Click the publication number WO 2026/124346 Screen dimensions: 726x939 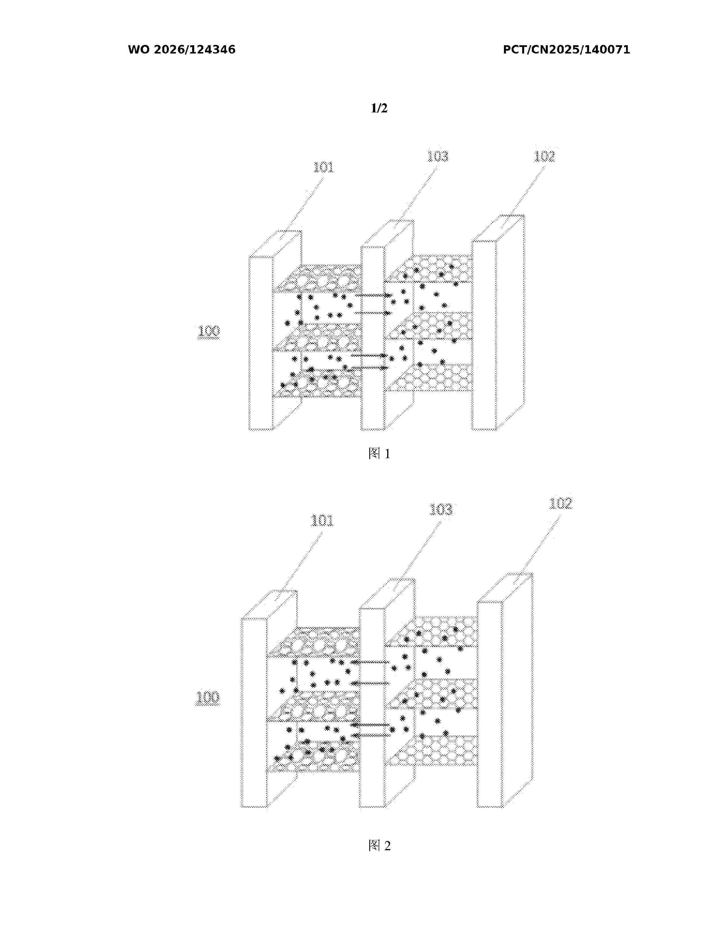tap(182, 50)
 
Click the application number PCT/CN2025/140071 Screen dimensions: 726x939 tap(567, 50)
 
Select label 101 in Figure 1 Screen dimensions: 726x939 tap(323, 167)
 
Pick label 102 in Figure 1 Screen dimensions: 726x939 tap(544, 156)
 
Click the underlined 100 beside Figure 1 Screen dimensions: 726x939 tap(209, 331)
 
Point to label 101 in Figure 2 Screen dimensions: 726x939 tap(322, 521)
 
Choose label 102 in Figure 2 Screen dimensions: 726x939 tap(560, 503)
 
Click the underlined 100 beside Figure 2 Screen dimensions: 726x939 tap(208, 697)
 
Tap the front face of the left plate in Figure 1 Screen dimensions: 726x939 tap(261, 343)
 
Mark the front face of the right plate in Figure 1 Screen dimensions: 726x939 tap(484, 335)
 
